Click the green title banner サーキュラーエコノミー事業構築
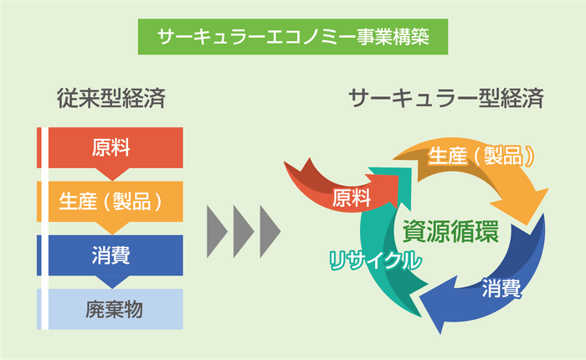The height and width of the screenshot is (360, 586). click(x=292, y=35)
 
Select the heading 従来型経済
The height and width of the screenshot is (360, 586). click(x=111, y=99)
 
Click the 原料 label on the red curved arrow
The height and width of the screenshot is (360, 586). click(x=351, y=198)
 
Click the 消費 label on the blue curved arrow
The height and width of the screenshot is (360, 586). click(x=501, y=291)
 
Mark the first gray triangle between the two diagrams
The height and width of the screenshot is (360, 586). click(x=216, y=227)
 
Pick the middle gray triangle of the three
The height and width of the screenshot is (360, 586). click(x=243, y=227)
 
